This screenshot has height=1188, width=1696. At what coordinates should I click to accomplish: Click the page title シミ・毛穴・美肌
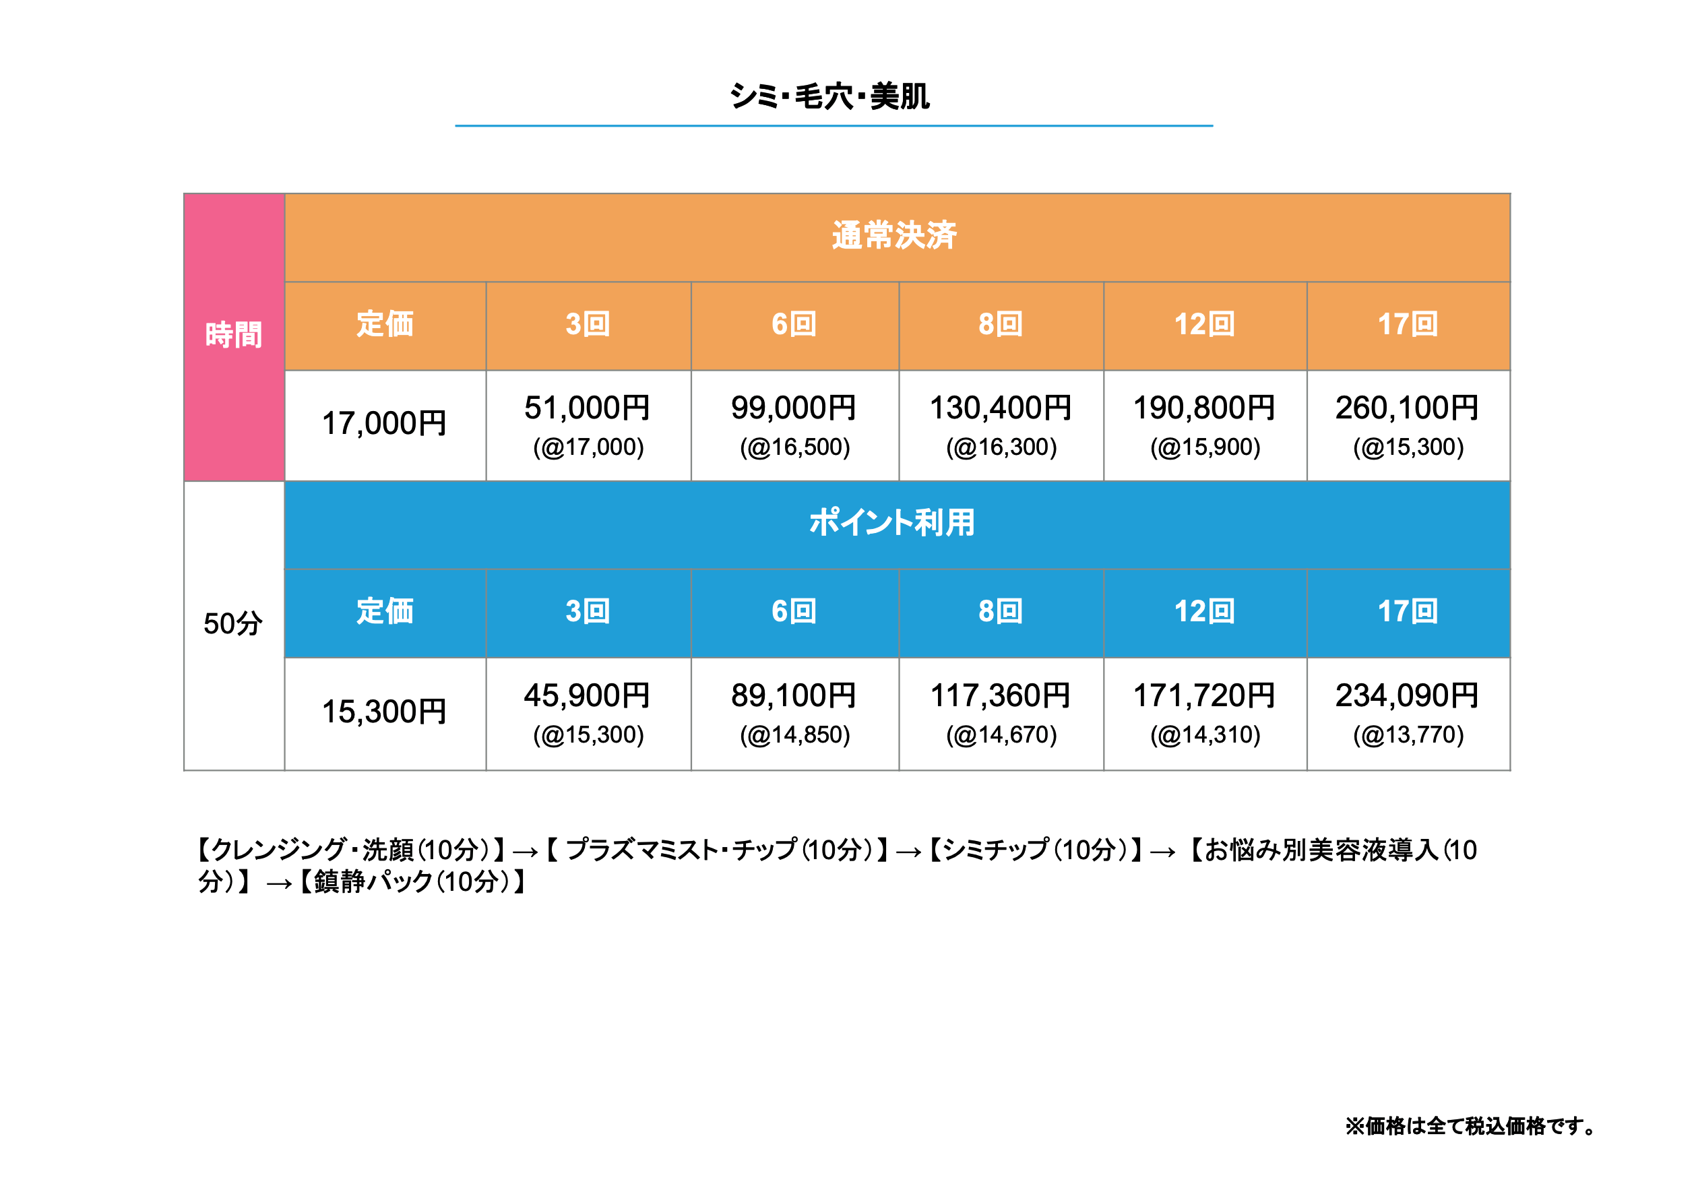pos(829,97)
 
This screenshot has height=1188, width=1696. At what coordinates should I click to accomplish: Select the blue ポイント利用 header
pos(891,522)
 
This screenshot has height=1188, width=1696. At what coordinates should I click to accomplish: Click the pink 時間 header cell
pos(233,335)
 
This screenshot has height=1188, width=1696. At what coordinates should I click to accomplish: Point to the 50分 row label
pos(232,623)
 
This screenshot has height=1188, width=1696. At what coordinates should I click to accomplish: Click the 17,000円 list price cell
pos(384,423)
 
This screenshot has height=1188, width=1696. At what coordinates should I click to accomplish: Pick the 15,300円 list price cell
pos(384,712)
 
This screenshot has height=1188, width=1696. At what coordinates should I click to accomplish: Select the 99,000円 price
pos(793,408)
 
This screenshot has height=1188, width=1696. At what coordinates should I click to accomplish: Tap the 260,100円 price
pos(1406,408)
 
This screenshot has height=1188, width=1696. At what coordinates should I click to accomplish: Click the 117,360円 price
pos(1000,695)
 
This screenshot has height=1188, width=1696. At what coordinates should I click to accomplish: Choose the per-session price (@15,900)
pos(1205,447)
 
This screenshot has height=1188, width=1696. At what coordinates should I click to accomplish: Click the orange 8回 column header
pos(1000,324)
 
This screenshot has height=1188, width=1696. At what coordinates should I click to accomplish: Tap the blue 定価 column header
pos(384,611)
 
